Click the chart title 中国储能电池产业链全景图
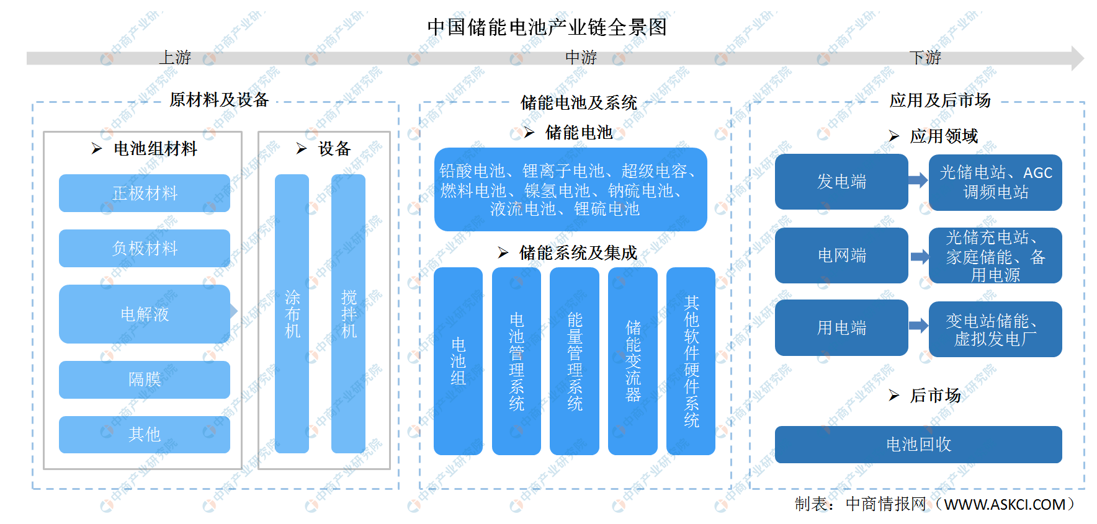(x=547, y=27)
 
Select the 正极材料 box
(x=145, y=193)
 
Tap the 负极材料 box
(x=145, y=248)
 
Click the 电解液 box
(x=145, y=314)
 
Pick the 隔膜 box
(x=145, y=380)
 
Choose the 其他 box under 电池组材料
(x=145, y=434)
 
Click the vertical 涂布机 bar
(x=292, y=314)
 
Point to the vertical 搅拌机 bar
(x=348, y=314)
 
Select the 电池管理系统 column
(x=516, y=361)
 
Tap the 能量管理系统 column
(x=575, y=361)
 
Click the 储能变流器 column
(x=633, y=361)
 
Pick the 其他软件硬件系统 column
(x=691, y=361)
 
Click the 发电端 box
(x=841, y=182)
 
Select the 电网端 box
(x=841, y=255)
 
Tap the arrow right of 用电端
(x=919, y=326)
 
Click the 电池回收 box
(x=918, y=445)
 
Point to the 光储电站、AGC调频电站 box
(x=995, y=182)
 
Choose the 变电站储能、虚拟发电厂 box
(x=995, y=329)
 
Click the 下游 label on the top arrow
(x=925, y=58)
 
